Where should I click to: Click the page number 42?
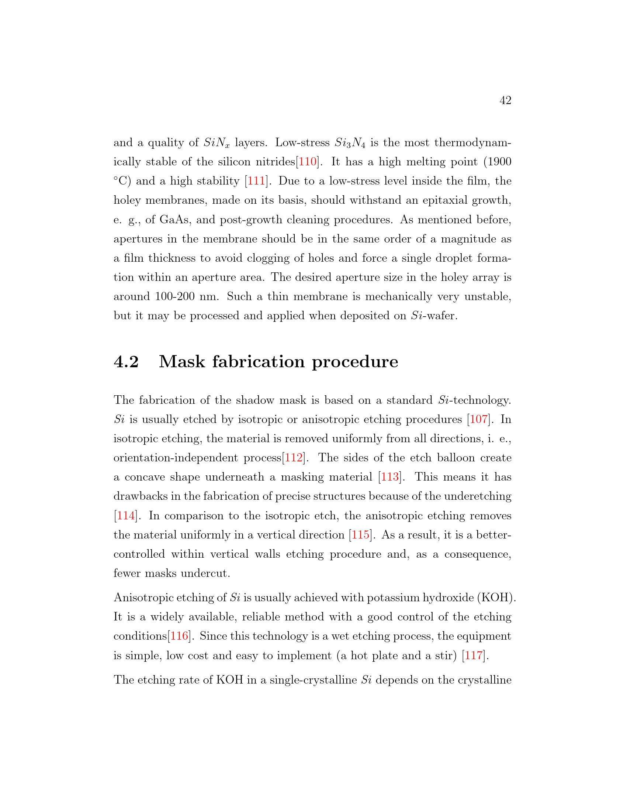[505, 100]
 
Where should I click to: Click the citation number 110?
[308, 162]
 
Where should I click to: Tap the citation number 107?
[479, 419]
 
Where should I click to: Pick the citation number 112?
[294, 458]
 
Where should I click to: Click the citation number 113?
[389, 477]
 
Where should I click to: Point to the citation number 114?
[126, 516]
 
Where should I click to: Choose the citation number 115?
[361, 535]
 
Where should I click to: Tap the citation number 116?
[179, 636]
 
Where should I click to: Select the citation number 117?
[474, 656]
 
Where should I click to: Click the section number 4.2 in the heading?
[126, 362]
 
